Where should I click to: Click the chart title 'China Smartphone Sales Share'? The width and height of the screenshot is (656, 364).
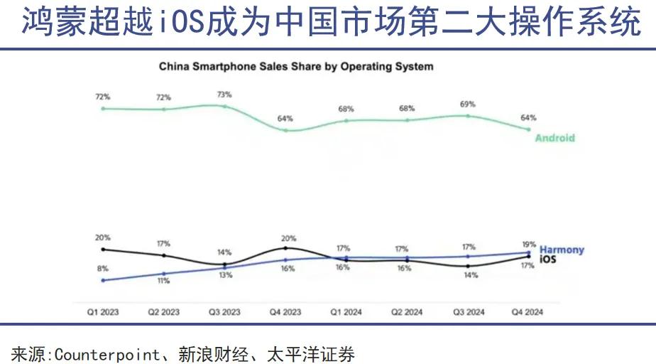(x=295, y=67)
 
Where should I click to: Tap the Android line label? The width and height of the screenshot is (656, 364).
(x=554, y=138)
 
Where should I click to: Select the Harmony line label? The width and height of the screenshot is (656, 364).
(x=562, y=250)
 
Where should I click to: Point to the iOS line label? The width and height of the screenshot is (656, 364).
(x=548, y=259)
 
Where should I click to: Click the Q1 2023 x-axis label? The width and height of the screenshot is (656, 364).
(x=103, y=312)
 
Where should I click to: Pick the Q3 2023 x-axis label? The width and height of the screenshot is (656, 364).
(x=224, y=312)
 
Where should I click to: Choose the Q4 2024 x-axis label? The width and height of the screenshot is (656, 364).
(x=528, y=312)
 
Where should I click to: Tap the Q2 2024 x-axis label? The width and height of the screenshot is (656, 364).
(x=407, y=312)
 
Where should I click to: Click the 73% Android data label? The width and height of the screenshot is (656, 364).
(x=224, y=94)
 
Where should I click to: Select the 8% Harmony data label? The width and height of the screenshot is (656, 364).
(x=103, y=269)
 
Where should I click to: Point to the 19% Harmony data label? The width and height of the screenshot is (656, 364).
(x=528, y=244)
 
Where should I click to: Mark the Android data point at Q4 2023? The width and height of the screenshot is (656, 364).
(x=285, y=130)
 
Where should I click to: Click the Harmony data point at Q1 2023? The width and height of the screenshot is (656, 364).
(x=103, y=280)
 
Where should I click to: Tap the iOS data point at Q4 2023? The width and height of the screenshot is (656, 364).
(x=285, y=248)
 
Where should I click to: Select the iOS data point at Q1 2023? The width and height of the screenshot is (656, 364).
(x=103, y=250)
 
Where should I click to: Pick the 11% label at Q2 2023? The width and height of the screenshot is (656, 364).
(x=164, y=281)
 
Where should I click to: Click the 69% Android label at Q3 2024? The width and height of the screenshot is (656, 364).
(x=468, y=104)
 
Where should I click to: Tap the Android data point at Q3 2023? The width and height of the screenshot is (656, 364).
(x=224, y=107)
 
